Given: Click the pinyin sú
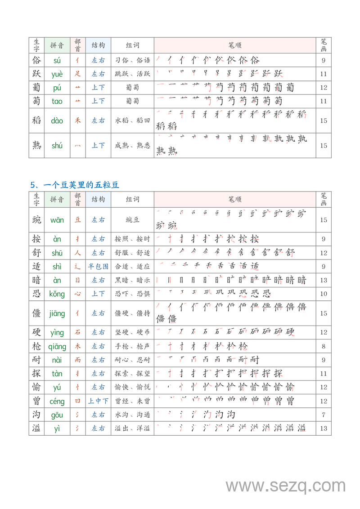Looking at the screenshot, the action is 57,60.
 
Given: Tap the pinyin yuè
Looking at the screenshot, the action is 57,74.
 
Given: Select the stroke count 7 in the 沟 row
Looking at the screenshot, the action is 324,415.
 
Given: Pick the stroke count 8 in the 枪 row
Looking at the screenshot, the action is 324,346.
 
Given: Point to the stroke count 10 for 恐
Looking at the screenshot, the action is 324,294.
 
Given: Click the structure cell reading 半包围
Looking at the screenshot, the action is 98,266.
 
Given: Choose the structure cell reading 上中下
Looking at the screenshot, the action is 98,401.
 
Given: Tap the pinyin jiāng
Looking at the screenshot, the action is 57,313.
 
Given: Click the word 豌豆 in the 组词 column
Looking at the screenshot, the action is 132,220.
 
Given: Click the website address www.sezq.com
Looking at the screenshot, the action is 285,486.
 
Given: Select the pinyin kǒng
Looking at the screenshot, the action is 57,294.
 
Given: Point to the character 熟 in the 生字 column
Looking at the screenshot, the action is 36,145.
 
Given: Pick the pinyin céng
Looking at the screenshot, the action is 57,402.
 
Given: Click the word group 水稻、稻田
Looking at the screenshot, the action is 132,121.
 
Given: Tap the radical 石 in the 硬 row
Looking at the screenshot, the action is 78,332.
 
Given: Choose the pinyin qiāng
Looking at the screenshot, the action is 57,347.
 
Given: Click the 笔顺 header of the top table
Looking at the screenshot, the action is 235,45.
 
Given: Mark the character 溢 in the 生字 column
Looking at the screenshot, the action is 36,429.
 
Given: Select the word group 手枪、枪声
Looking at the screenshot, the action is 132,346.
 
